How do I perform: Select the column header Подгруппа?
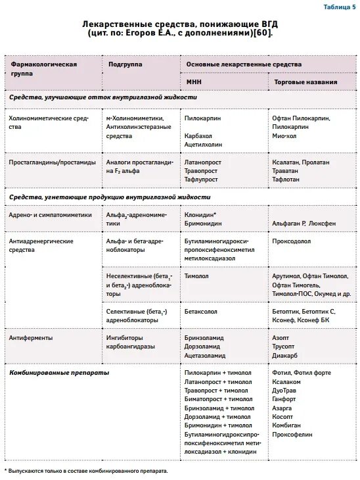coord(125,64)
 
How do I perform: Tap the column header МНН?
coord(194,82)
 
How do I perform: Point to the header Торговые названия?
coord(305,82)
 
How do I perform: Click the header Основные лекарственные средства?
coord(244,64)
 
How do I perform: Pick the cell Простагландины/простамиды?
coord(53,161)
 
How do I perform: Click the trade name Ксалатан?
coord(286,161)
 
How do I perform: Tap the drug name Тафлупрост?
coord(202,178)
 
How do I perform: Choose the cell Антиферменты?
coord(31,337)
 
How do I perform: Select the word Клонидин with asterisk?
coord(201,214)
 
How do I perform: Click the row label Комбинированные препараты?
coord(50,373)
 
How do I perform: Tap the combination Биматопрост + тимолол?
coord(218,398)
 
